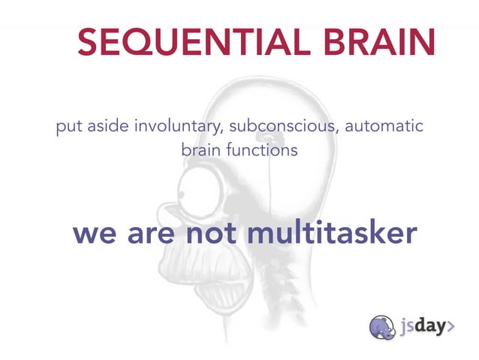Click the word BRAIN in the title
380,43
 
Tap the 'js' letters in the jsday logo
408,328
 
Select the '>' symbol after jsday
451,327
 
